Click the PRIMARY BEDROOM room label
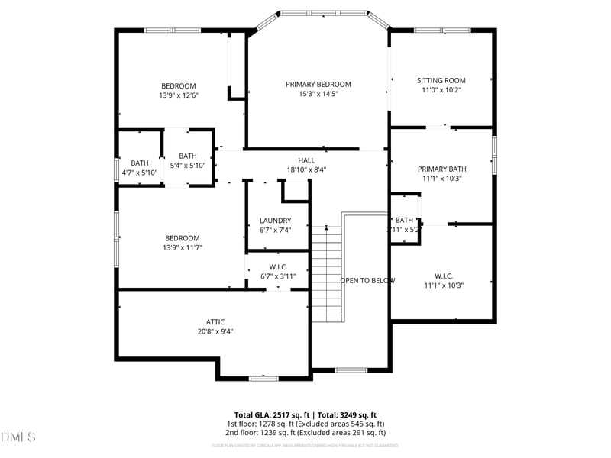tap(318, 84)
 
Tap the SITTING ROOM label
tap(441, 80)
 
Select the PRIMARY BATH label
tap(441, 169)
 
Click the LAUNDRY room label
tap(275, 221)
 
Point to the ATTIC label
tap(215, 321)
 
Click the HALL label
tap(306, 160)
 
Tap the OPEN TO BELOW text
tap(367, 280)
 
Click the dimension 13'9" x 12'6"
tap(178, 95)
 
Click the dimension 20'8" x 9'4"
tap(215, 331)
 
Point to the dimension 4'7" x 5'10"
tap(139, 173)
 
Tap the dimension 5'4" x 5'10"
tap(187, 166)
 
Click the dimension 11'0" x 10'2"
tap(441, 90)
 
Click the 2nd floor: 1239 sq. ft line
tap(305, 432)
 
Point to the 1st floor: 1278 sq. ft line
tap(305, 424)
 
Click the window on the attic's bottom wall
tap(263, 377)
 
